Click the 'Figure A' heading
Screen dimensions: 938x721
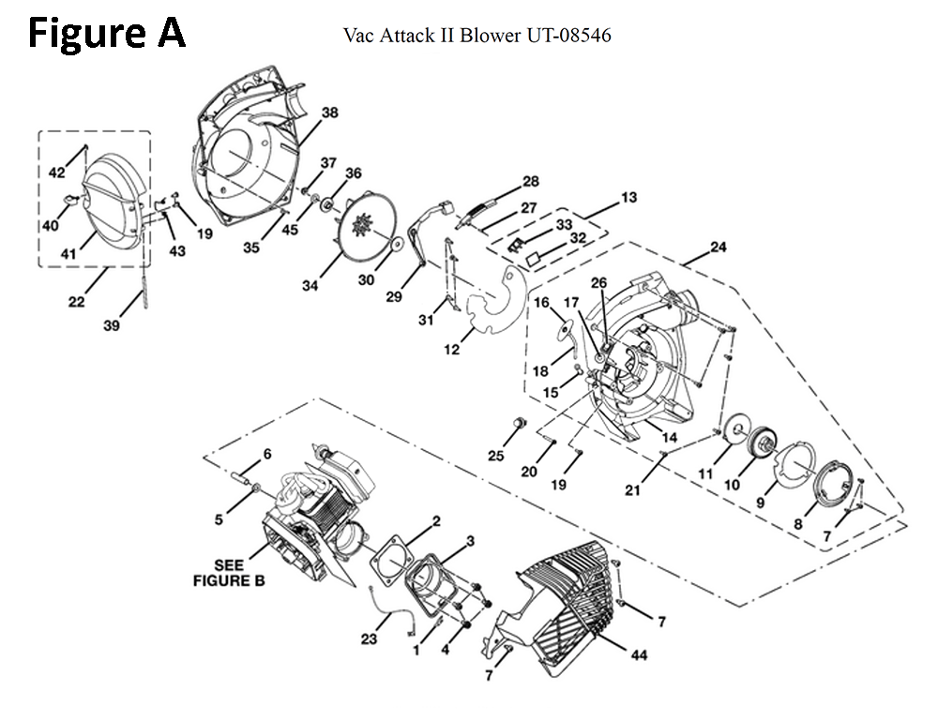107,33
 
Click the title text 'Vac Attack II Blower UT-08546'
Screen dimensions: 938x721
477,36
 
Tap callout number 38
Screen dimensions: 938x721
329,113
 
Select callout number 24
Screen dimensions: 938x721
718,247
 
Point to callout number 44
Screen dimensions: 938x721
639,655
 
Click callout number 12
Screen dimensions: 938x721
452,349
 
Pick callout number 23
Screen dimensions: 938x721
369,638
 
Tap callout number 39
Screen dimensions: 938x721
112,325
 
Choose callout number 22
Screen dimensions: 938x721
77,302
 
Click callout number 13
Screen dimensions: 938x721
629,197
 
